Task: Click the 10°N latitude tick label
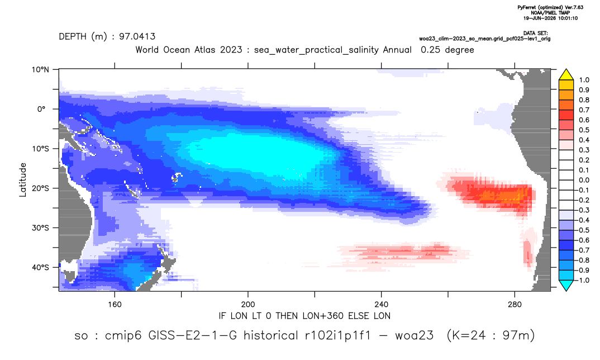click(x=40, y=70)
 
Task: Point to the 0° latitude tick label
click(x=41, y=109)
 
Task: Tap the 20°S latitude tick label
click(x=40, y=188)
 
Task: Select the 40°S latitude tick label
click(x=40, y=267)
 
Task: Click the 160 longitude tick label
click(x=115, y=305)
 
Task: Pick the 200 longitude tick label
click(x=248, y=305)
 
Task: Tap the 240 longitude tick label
click(x=381, y=305)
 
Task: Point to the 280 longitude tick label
click(x=515, y=305)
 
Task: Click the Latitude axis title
click(x=22, y=180)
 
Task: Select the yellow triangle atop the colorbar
click(x=566, y=75)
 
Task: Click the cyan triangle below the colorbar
click(x=566, y=285)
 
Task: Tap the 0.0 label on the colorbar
click(x=584, y=180)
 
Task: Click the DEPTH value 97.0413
click(x=137, y=36)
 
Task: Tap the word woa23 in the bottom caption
click(x=415, y=335)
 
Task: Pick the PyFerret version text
click(x=550, y=7)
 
